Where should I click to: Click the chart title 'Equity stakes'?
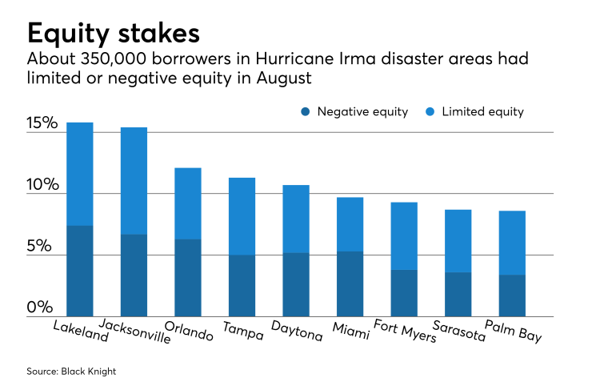coord(113,34)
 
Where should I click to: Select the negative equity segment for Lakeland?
coord(80,271)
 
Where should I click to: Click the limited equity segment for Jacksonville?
coord(134,181)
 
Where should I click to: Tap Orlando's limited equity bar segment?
coord(188,203)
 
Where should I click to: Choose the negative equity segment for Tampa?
coord(242,285)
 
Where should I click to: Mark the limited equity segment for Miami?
coord(350,224)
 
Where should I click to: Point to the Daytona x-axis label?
coord(298,332)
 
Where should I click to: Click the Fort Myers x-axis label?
coord(406,332)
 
